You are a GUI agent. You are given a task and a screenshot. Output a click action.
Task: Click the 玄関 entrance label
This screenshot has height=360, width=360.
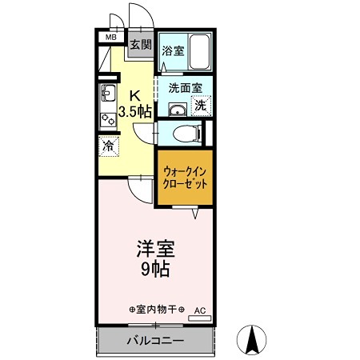[140, 44]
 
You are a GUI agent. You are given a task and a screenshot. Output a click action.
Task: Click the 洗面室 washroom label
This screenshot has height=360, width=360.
[179, 89]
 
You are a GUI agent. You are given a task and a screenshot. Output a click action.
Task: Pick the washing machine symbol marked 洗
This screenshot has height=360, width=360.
[201, 105]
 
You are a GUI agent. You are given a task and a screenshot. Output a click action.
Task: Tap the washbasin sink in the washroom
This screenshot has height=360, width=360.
[177, 110]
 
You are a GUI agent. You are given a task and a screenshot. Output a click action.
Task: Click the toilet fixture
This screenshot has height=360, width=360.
[182, 133]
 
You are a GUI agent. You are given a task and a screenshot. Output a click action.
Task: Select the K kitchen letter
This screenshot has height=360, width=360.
[134, 93]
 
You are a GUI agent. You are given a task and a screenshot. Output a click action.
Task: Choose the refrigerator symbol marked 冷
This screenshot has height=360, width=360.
[108, 146]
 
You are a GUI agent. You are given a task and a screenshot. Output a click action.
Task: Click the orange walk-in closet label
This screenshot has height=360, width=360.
[184, 178]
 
